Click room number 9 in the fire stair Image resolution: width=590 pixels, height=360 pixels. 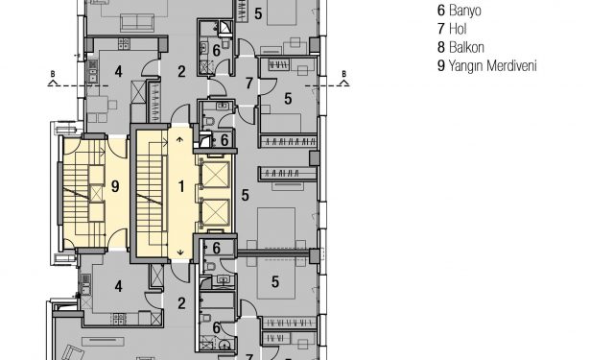tap(115, 186)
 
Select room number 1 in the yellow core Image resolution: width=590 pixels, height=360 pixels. tap(181, 186)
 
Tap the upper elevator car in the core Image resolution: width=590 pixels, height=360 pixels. tap(216, 175)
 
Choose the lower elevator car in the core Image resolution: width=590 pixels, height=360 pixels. tap(216, 213)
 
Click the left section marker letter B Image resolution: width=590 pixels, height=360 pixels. tap(53, 74)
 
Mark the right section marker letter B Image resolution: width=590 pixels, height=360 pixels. tap(343, 74)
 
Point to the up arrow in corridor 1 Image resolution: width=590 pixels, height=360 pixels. tap(180, 139)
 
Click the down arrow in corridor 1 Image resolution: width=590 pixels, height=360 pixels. tap(180, 252)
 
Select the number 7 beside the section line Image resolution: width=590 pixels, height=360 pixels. tap(249, 84)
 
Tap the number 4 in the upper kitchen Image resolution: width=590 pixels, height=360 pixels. tap(119, 71)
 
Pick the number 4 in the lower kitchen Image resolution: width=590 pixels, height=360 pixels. tap(119, 287)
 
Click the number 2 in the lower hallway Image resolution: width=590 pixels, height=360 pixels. tap(181, 303)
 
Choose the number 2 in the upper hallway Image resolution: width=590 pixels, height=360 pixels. tap(181, 71)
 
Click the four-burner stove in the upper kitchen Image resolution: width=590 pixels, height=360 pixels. tap(124, 44)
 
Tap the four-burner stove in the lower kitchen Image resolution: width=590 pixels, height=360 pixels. tap(119, 319)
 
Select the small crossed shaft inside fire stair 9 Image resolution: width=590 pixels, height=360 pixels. tap(97, 194)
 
